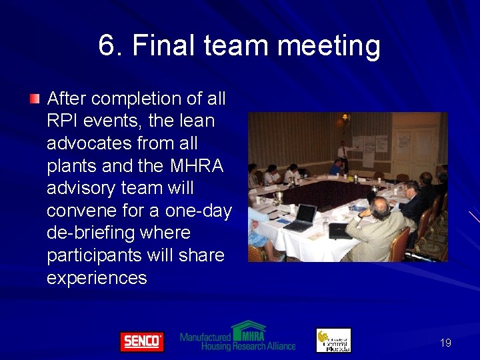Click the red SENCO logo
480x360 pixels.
141,341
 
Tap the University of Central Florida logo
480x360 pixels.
333,340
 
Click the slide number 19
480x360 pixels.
445,343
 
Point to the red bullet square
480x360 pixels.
35,99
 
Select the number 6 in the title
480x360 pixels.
107,46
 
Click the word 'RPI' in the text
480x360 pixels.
63,121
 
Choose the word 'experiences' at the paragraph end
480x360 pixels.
97,278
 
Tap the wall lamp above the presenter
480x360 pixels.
345,120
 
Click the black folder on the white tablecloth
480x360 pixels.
340,231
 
